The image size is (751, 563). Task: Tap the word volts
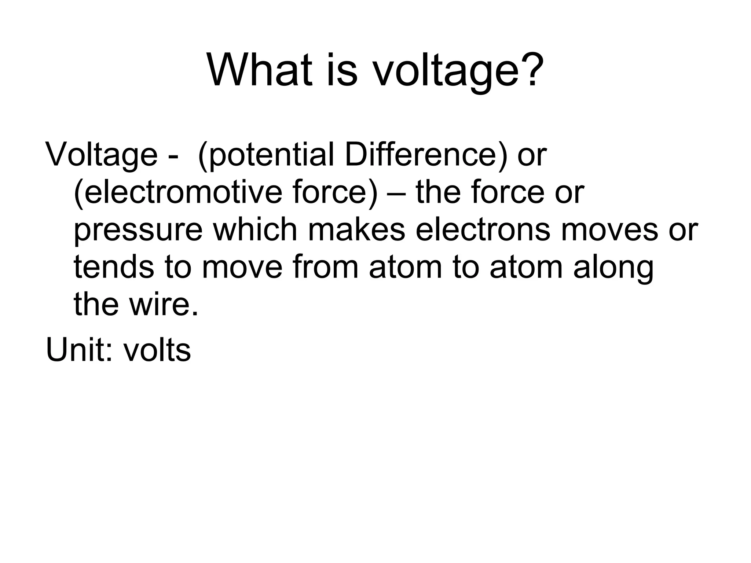pos(157,350)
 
